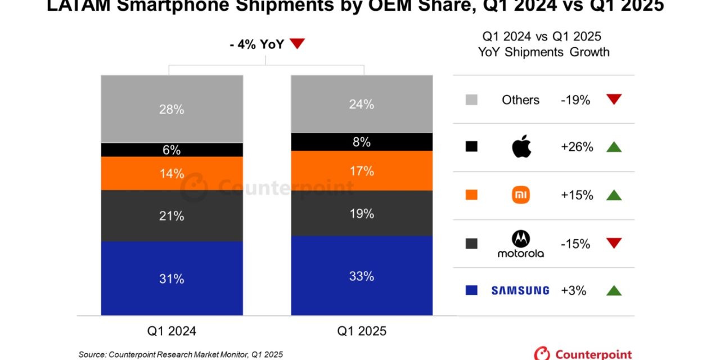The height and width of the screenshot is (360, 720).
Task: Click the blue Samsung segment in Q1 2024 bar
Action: [x=172, y=278]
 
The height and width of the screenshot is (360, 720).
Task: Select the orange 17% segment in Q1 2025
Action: [x=362, y=170]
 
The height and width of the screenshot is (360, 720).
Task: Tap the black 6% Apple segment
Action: [x=172, y=150]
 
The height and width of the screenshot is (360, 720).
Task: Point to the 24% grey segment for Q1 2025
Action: [x=362, y=104]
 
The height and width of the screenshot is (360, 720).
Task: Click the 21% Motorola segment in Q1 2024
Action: [x=172, y=215]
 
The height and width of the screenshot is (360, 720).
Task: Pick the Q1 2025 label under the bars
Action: [x=362, y=331]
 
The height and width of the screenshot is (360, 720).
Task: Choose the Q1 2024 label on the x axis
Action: [x=172, y=331]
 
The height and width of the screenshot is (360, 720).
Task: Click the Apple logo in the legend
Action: [x=521, y=147]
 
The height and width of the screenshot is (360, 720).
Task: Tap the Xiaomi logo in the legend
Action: [x=521, y=195]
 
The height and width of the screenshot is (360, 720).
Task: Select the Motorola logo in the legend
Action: [x=521, y=244]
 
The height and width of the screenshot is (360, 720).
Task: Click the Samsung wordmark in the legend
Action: [x=520, y=291]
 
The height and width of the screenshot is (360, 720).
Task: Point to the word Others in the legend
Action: [x=520, y=100]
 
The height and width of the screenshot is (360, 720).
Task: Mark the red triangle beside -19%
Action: [x=614, y=100]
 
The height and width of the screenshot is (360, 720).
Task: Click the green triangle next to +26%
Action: [x=614, y=147]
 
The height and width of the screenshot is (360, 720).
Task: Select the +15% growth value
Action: [x=577, y=195]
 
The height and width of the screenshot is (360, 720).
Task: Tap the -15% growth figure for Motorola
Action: [x=575, y=244]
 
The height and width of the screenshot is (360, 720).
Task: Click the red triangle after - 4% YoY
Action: [x=297, y=44]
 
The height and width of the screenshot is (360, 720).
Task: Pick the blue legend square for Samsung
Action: [x=471, y=290]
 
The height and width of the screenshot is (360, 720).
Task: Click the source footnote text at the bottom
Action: [x=181, y=354]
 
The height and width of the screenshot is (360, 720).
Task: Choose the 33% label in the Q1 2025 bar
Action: [x=362, y=276]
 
